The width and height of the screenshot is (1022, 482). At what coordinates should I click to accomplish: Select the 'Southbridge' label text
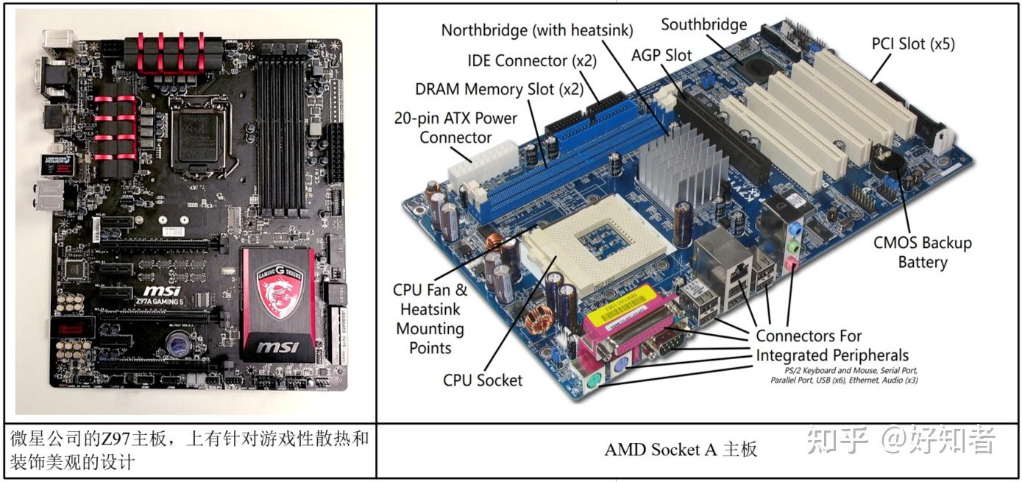703,24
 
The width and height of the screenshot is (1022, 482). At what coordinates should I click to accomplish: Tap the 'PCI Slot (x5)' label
913,43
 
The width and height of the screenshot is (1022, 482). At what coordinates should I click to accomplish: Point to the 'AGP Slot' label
661,55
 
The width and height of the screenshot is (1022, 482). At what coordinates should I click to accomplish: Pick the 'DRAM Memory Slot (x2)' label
499,89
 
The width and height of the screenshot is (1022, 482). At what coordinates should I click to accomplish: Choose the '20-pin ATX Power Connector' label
455,127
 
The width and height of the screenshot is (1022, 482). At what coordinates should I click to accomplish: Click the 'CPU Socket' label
483,380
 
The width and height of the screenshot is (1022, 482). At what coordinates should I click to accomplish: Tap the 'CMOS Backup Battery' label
922,252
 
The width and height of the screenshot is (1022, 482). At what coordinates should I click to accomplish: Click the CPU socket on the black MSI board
196,133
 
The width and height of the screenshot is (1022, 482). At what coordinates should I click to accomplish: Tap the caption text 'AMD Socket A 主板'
680,449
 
